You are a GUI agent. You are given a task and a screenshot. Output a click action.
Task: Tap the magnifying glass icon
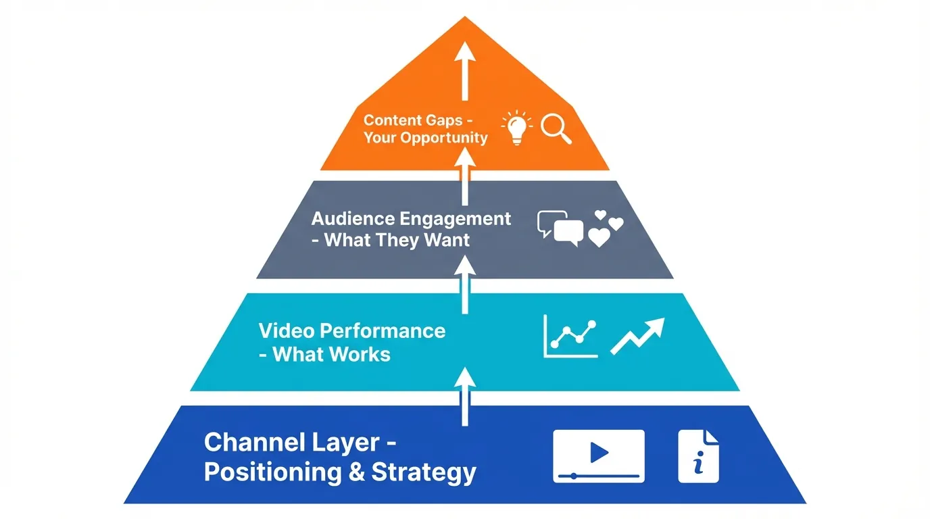tap(556, 128)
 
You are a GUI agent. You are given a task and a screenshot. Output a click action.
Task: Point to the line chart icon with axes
tap(570, 336)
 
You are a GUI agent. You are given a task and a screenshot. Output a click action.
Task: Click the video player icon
tap(598, 455)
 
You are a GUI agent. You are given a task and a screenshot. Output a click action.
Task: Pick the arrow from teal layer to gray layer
tap(465, 285)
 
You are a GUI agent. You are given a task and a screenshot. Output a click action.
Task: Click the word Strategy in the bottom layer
tap(424, 472)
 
